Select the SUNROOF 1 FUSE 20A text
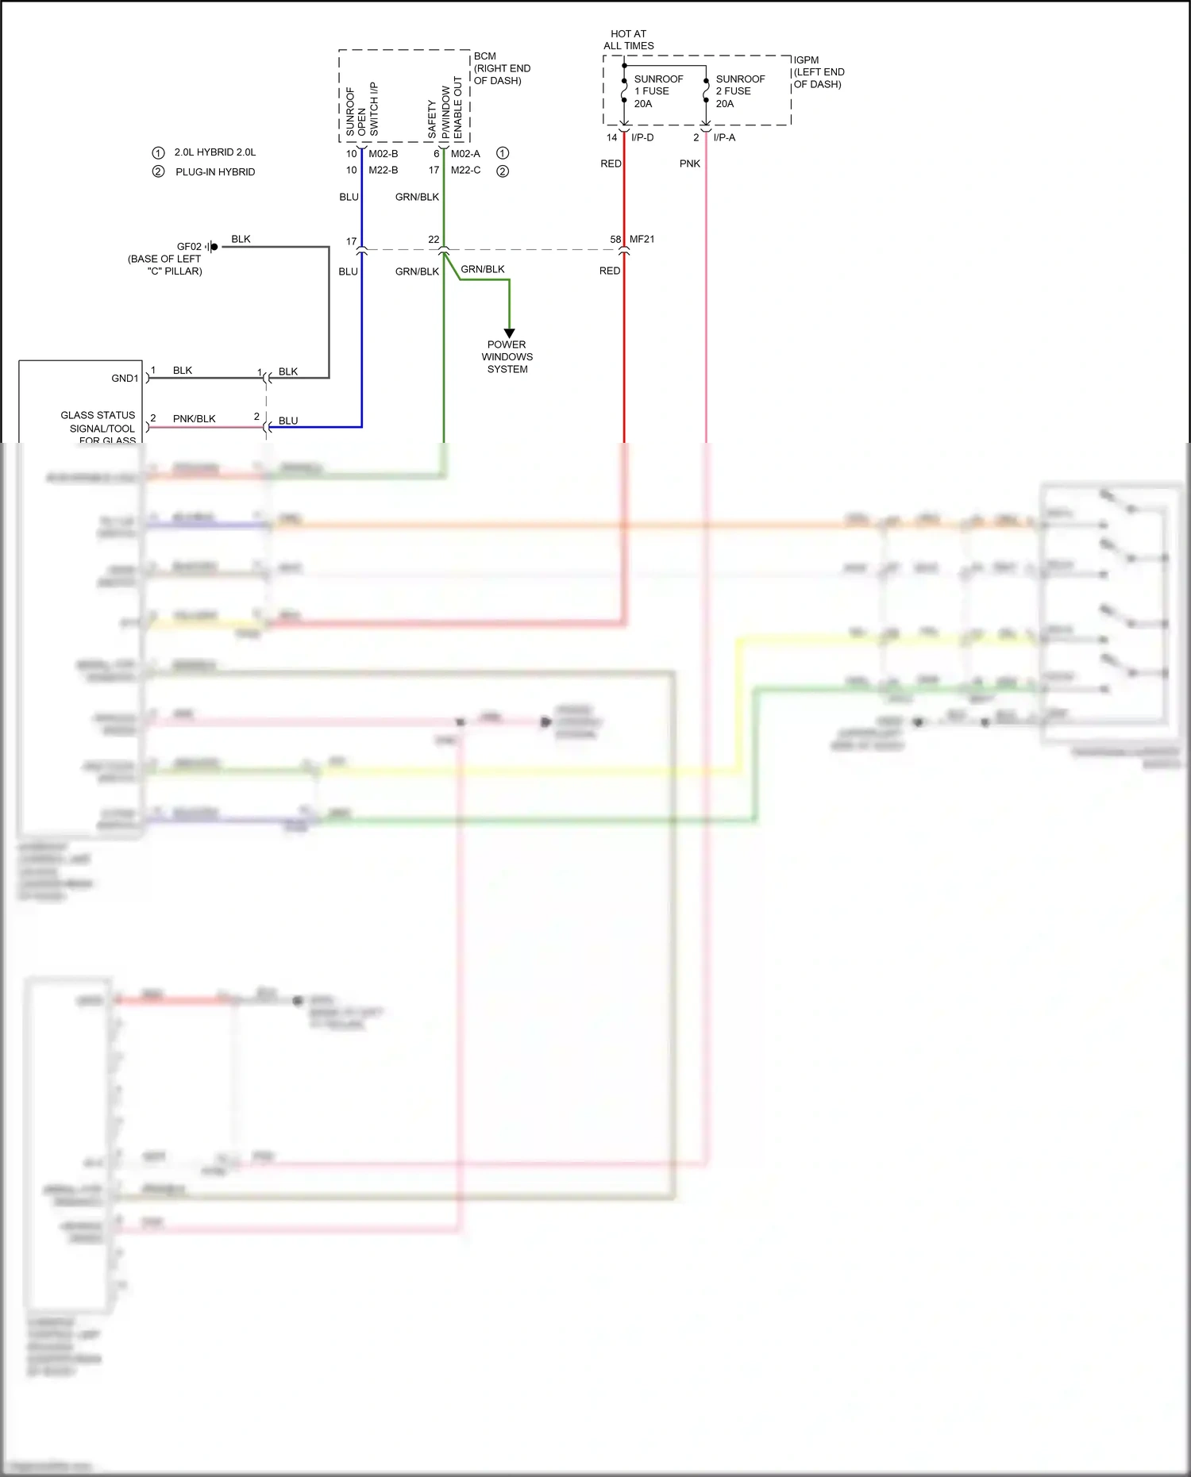657,91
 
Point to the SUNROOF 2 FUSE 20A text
739,91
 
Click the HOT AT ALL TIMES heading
628,40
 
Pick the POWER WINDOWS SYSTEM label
507,357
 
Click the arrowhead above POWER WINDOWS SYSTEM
509,333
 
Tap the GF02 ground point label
189,247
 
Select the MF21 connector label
642,239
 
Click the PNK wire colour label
689,163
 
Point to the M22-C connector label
465,170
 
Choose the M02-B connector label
383,153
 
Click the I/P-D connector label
642,137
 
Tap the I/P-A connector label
723,137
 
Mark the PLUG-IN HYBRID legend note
215,171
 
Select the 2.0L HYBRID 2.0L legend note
214,152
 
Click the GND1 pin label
125,379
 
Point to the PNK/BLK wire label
194,418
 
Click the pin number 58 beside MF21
615,239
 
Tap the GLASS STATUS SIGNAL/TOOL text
98,421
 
